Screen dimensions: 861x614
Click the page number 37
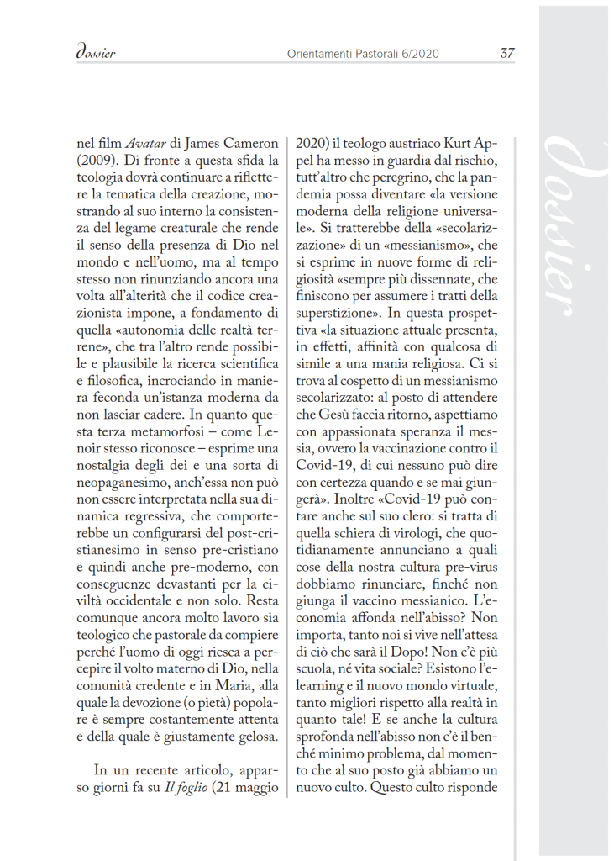pyautogui.click(x=507, y=53)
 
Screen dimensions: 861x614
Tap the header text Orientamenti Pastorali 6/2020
pyautogui.click(x=362, y=54)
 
